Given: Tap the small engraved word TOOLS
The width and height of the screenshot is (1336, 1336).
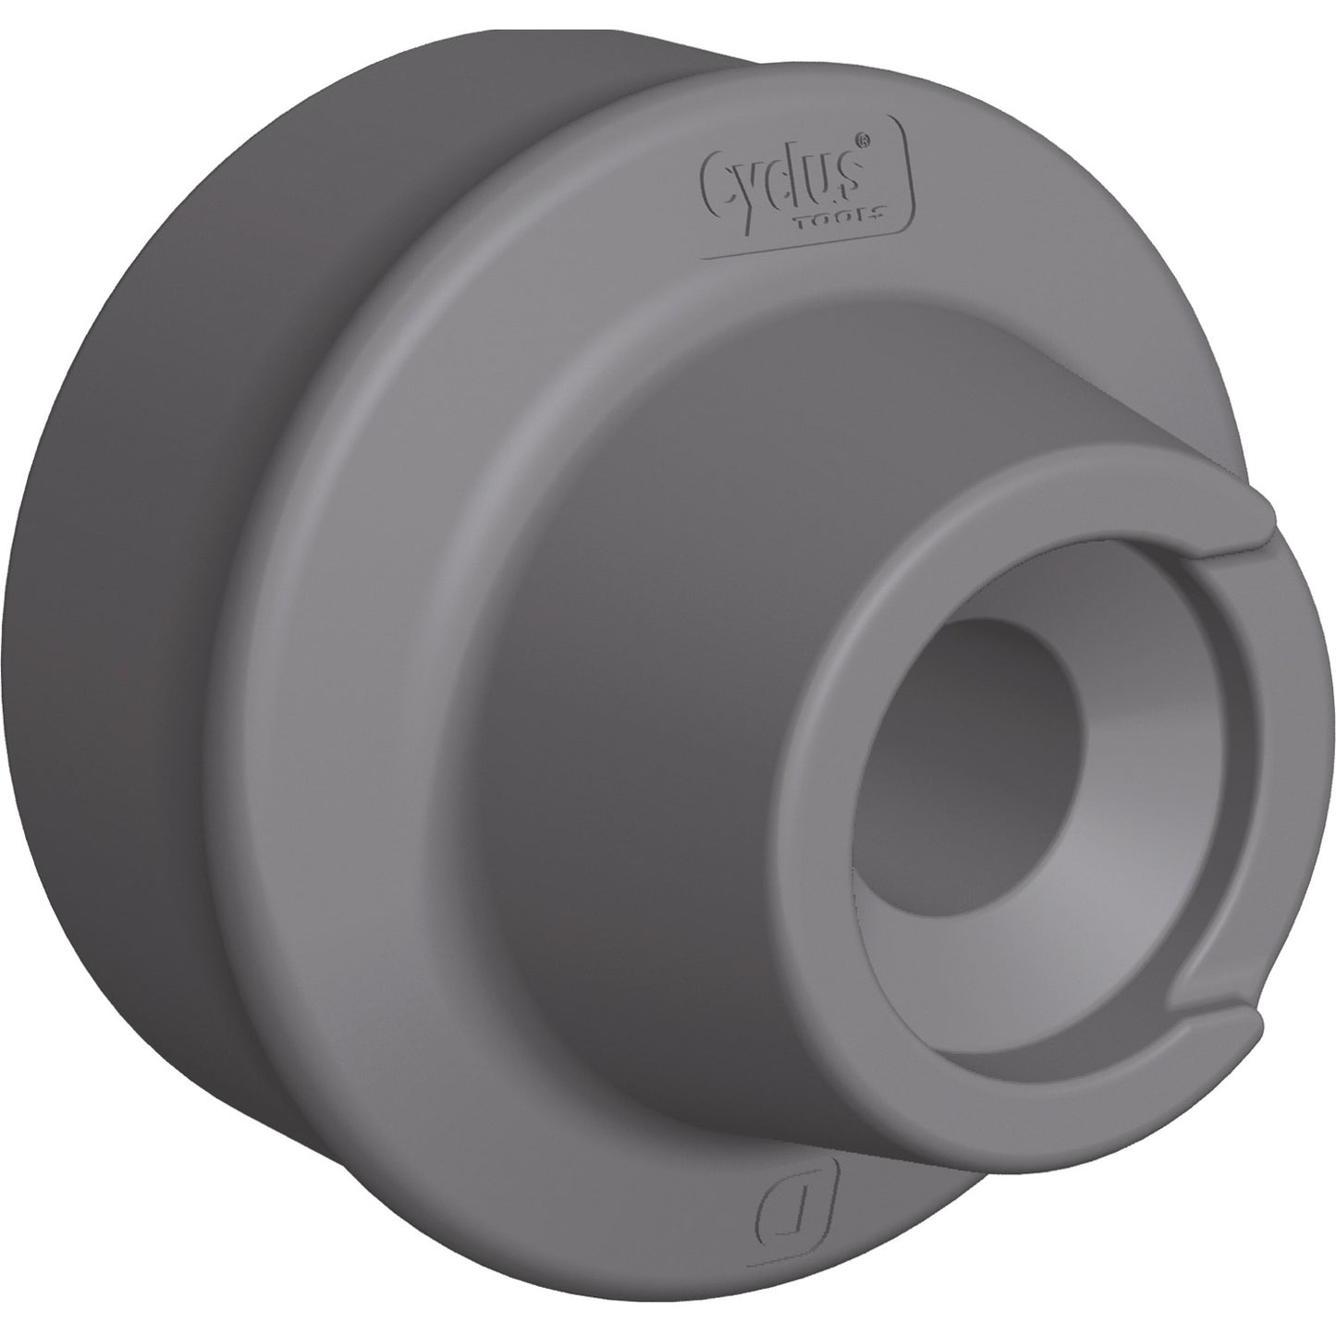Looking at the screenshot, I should point(852,210).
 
